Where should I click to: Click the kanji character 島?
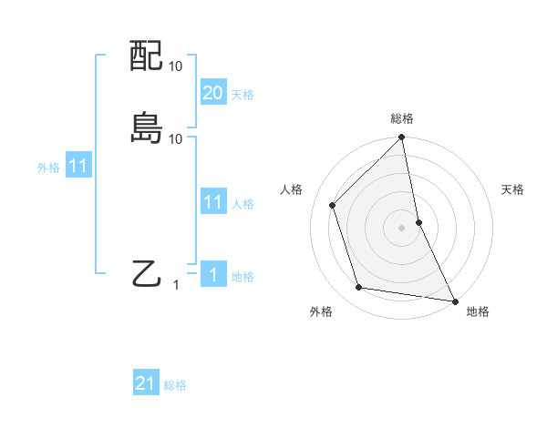click(x=147, y=128)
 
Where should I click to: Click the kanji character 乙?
click(x=147, y=273)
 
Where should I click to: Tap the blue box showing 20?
click(x=213, y=93)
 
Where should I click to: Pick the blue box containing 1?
click(x=213, y=275)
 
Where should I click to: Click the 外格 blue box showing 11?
click(x=78, y=167)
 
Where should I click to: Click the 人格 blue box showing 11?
click(x=213, y=202)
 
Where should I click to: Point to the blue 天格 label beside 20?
click(x=243, y=95)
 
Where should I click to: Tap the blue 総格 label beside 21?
click(x=175, y=385)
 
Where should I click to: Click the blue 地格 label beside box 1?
click(x=243, y=277)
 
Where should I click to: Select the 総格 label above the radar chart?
click(x=402, y=118)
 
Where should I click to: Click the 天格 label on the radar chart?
click(x=512, y=189)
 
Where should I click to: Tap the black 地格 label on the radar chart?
click(x=478, y=311)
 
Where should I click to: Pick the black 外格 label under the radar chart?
click(x=321, y=311)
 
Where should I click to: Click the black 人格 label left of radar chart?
click(x=291, y=189)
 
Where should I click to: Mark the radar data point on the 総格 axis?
click(x=402, y=138)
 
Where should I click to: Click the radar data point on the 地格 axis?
click(x=454, y=300)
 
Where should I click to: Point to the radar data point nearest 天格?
click(x=418, y=221)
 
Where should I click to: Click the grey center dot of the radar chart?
click(x=402, y=227)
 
